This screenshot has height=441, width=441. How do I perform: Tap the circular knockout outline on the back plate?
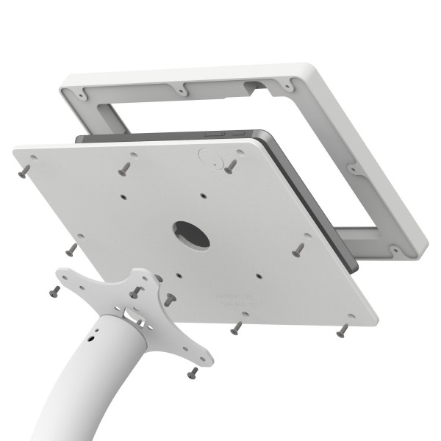click(x=207, y=157)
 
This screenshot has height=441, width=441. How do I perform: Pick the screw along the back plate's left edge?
click(x=71, y=250)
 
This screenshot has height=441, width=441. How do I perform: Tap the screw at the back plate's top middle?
click(x=123, y=168)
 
